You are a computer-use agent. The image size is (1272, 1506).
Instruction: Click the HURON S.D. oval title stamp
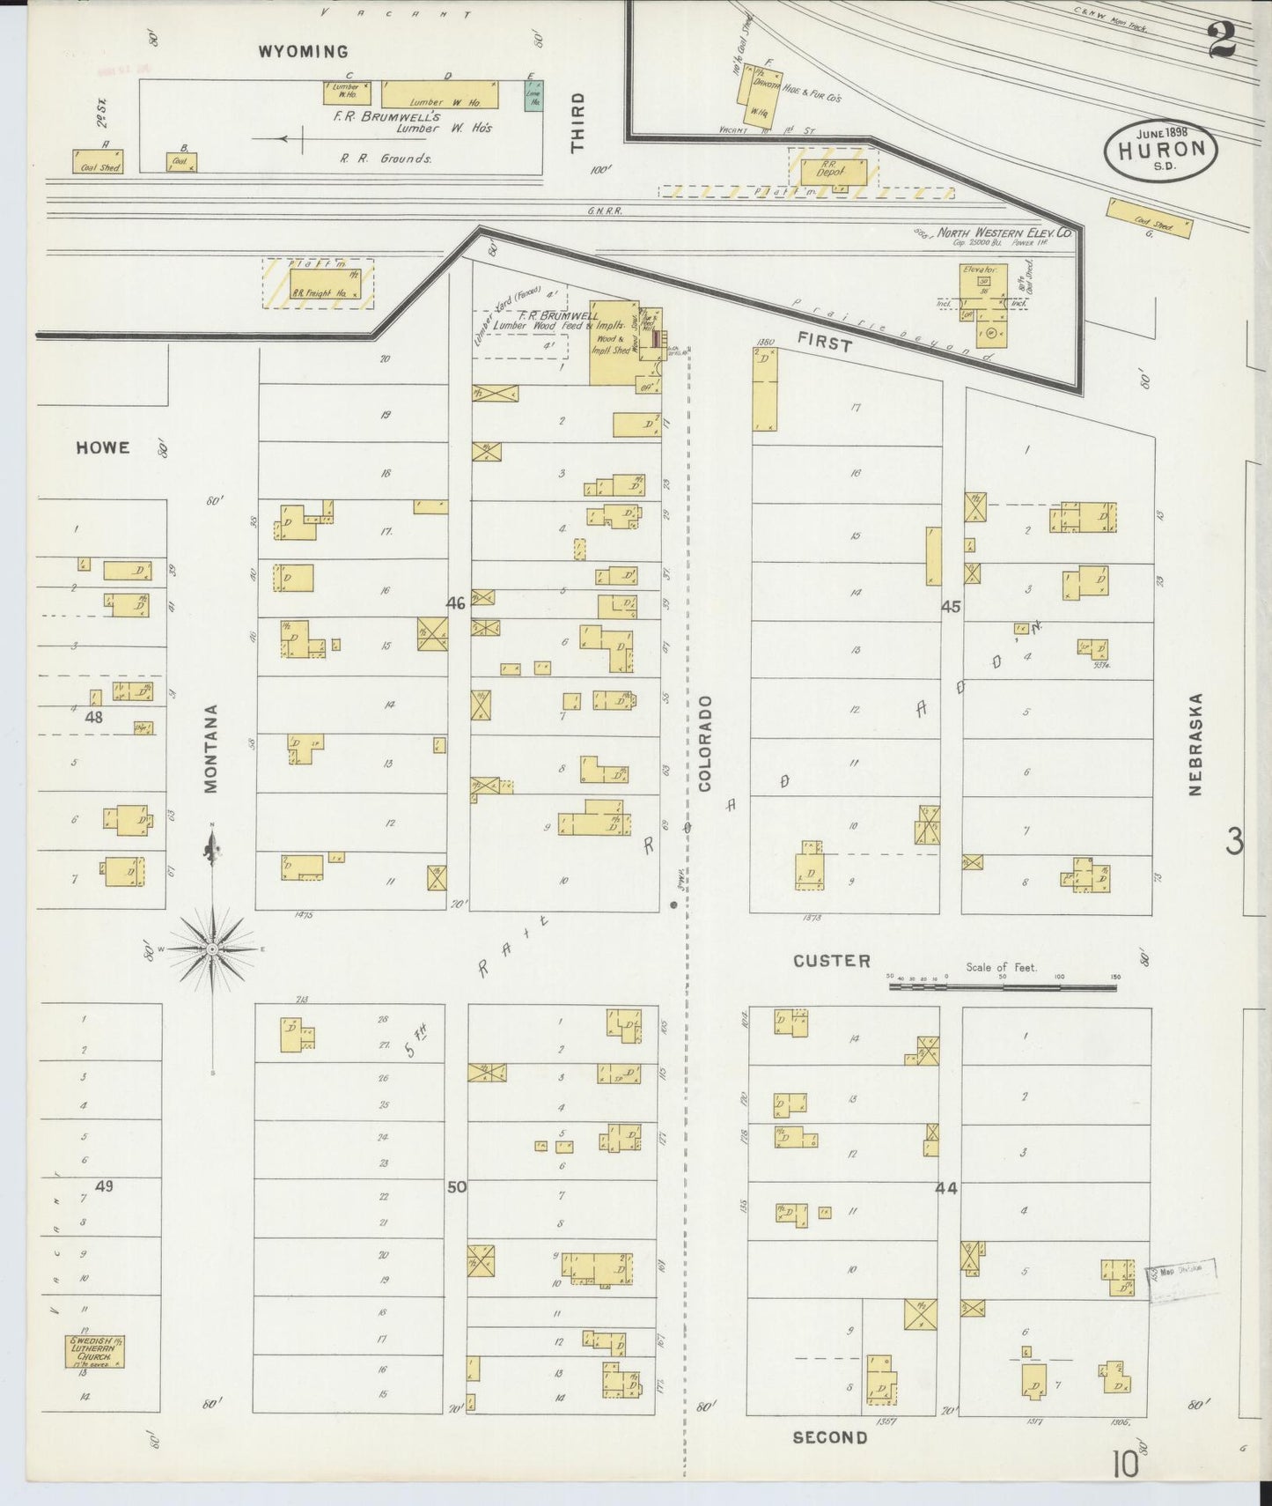click(x=1161, y=149)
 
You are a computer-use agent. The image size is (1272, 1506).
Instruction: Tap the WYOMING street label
click(x=303, y=52)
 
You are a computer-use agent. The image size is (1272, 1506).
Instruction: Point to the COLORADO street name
click(x=705, y=742)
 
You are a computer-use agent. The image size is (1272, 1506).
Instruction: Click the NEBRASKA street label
click(x=1195, y=744)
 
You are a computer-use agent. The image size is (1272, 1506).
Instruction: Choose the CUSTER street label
click(x=831, y=961)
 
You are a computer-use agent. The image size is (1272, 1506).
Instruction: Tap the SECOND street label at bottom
click(x=829, y=1437)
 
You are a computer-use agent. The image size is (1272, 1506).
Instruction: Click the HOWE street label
click(x=103, y=447)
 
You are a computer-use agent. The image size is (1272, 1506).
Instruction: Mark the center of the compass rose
click(x=212, y=949)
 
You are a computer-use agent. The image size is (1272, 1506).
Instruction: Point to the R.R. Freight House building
click(x=318, y=284)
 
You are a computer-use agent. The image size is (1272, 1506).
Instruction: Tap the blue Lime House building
click(x=533, y=95)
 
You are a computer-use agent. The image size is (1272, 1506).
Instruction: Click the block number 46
click(x=455, y=603)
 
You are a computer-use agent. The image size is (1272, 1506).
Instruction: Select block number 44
click(x=946, y=1188)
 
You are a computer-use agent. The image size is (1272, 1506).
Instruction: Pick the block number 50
click(x=456, y=1187)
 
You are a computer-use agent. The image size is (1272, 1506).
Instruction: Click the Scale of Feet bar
click(x=1003, y=987)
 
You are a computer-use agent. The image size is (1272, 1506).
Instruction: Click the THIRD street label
click(x=577, y=122)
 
